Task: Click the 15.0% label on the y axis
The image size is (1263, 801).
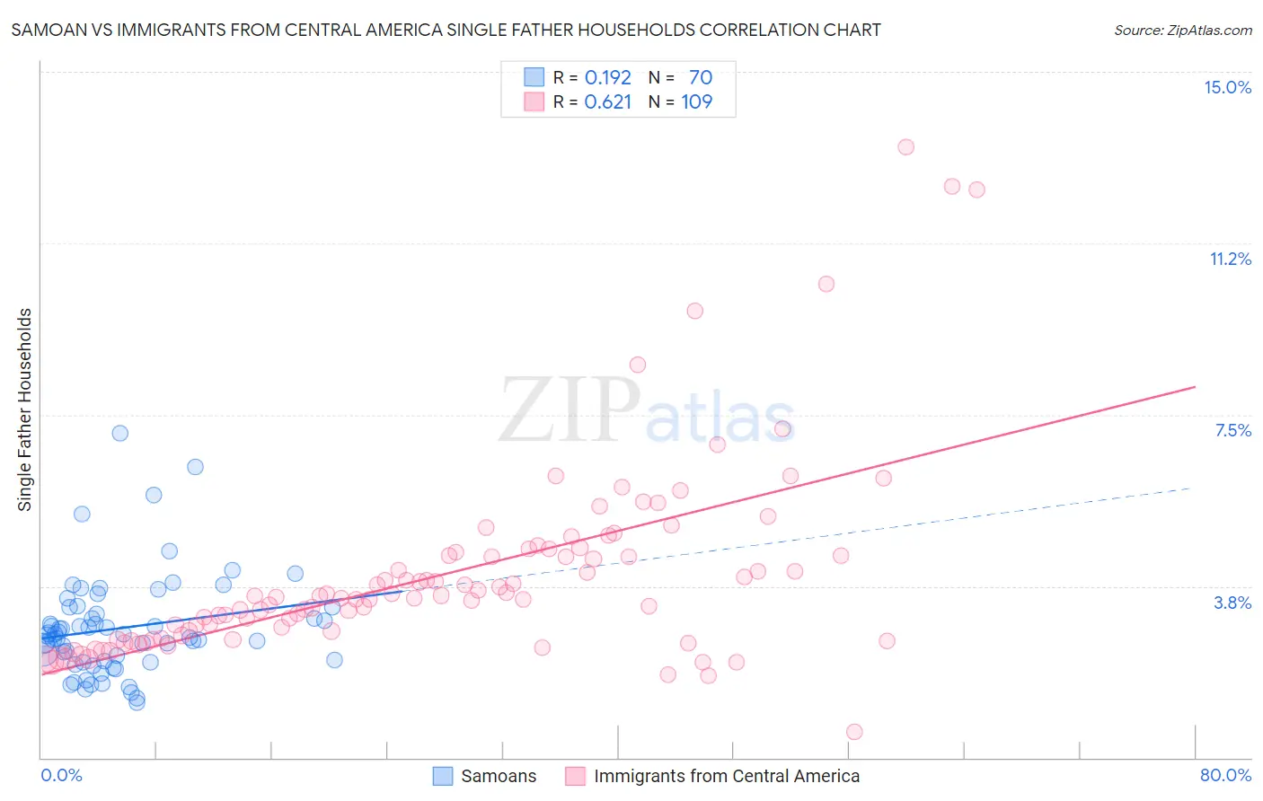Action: point(1227,87)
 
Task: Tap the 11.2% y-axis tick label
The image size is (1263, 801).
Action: point(1230,259)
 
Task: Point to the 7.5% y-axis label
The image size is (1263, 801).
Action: point(1232,430)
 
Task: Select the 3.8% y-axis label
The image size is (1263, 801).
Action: point(1232,603)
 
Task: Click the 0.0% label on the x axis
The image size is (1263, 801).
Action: point(61,775)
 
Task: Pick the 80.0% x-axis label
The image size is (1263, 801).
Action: point(1225,775)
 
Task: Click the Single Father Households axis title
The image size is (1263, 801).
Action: point(25,409)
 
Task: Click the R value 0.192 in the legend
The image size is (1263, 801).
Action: point(608,77)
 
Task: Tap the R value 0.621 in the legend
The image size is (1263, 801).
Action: point(608,101)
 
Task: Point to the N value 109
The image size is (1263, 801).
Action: point(696,101)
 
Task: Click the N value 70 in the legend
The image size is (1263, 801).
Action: point(701,77)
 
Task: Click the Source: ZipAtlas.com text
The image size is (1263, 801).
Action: point(1182,30)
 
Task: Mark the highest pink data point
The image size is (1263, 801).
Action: point(905,147)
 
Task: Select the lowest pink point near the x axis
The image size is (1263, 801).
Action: point(854,732)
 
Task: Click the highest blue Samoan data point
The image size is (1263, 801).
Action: point(119,433)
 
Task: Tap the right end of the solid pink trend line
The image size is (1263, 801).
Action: point(1195,386)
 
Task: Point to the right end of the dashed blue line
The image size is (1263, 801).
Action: point(1191,488)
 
